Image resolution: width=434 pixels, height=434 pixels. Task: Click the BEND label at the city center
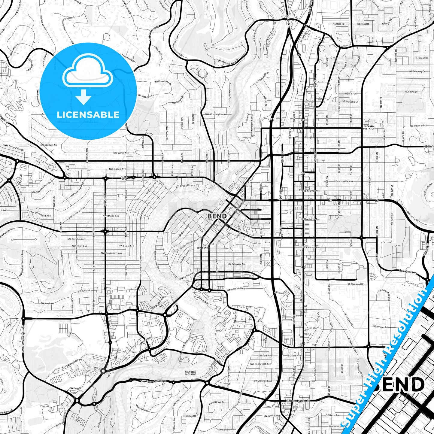point(217,216)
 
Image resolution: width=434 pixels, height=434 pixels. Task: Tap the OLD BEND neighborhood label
point(202,248)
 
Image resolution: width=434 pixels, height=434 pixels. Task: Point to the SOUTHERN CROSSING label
point(190,373)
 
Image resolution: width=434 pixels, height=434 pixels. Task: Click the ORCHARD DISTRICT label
point(369,127)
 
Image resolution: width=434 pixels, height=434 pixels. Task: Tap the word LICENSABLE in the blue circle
point(88,114)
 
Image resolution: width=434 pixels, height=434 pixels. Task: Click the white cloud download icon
point(87,78)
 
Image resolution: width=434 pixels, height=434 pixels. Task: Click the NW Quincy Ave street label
point(121,153)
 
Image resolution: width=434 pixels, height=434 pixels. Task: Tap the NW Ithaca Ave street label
point(111,216)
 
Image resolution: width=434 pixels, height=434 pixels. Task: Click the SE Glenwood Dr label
point(355,284)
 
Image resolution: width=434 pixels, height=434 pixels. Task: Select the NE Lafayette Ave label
point(344,181)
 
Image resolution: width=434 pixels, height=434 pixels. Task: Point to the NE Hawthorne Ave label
point(310,219)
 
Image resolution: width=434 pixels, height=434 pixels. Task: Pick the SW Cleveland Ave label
point(263,381)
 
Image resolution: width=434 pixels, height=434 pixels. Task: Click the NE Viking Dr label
point(411,92)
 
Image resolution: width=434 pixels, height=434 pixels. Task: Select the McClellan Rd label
point(189,416)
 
